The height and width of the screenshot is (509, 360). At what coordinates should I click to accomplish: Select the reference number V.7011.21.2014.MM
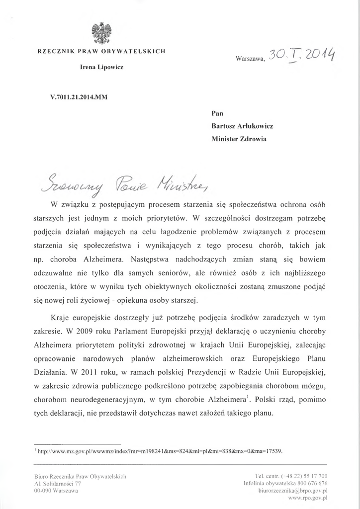79,97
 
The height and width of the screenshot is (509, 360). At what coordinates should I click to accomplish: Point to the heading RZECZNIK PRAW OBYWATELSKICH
102,51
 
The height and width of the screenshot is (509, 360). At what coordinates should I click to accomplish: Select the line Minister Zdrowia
239,139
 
